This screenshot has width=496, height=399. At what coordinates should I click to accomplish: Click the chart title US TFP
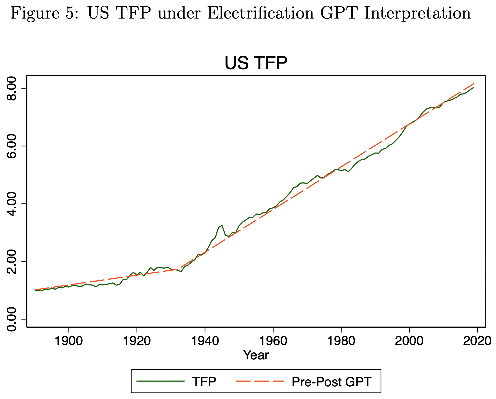click(x=256, y=63)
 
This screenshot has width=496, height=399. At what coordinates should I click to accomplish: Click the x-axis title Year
click(x=256, y=355)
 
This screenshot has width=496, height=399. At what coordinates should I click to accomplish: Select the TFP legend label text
click(x=204, y=382)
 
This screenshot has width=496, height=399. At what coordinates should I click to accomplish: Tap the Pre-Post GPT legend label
click(x=331, y=382)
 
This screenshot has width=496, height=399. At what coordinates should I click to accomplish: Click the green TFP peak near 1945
click(x=222, y=225)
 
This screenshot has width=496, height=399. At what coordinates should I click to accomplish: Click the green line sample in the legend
click(x=160, y=381)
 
